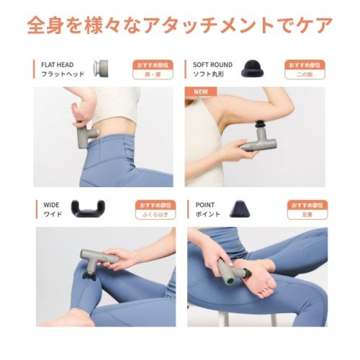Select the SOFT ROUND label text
[212, 64]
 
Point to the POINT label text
[204, 204]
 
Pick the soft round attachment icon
[253, 68]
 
